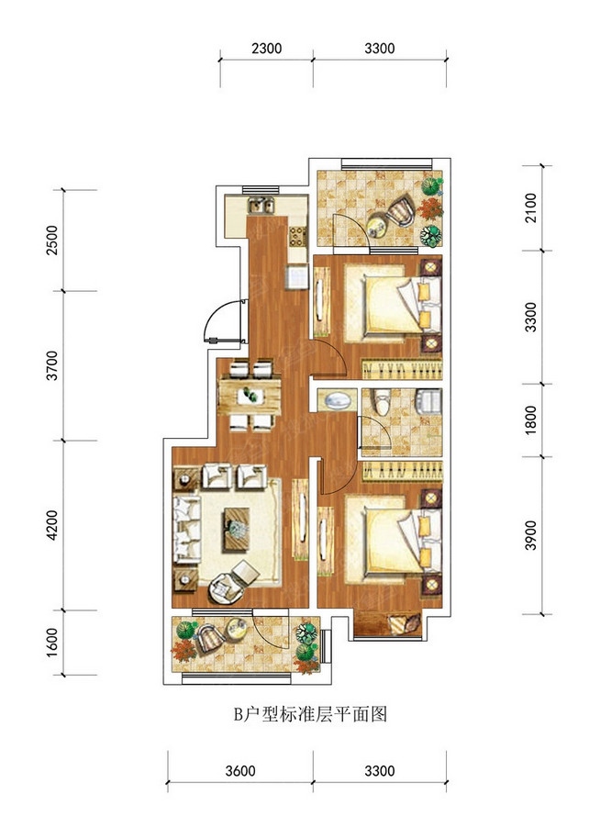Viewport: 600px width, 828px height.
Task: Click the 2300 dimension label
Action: pos(266,49)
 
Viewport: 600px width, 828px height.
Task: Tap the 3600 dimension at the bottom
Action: pos(240,771)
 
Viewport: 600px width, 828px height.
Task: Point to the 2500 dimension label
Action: pos(52,241)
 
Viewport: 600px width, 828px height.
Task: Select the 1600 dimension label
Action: pos(52,643)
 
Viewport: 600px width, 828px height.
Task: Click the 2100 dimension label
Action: pos(531,208)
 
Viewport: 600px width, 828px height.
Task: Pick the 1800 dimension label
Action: pos(531,420)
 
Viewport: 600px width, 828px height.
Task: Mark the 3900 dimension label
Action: pos(531,535)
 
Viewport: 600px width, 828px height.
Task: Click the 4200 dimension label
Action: pos(52,525)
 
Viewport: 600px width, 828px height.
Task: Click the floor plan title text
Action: pos(310,714)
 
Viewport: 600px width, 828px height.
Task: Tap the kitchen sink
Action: pos(261,205)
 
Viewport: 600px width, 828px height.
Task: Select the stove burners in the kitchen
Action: pos(297,236)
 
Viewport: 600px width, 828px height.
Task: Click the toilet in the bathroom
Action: pos(382,402)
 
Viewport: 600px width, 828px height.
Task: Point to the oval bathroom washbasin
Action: pos(336,401)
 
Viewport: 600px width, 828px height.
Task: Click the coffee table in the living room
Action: pos(237,529)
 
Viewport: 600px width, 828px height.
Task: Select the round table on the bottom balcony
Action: pos(237,628)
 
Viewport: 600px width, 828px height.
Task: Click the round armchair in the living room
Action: pos(227,587)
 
